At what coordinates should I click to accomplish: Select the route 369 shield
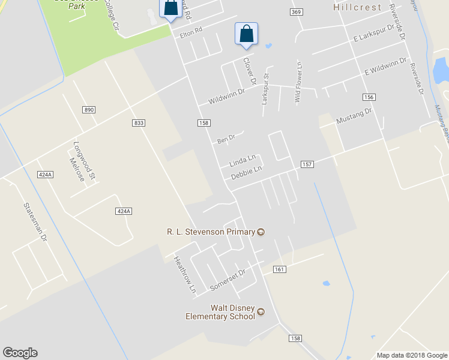(x=295, y=12)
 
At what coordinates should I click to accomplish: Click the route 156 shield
(x=369, y=97)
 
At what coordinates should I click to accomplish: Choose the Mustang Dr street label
(x=354, y=115)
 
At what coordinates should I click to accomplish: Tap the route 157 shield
(x=307, y=164)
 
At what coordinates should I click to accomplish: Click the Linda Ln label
(x=243, y=161)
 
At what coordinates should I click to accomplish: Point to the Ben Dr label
(x=226, y=140)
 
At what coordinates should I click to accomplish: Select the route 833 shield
(x=139, y=123)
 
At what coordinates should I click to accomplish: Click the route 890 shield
(x=89, y=110)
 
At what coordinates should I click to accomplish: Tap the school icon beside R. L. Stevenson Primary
(x=261, y=232)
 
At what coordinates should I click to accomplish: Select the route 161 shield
(x=279, y=269)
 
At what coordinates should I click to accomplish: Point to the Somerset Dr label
(x=228, y=280)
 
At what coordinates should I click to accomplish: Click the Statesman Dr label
(x=35, y=221)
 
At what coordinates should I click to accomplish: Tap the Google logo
(x=20, y=353)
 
